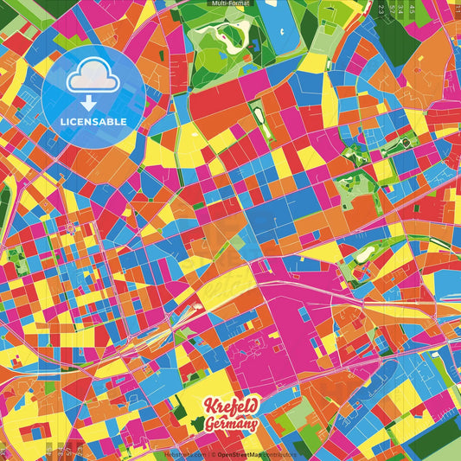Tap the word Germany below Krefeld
(231, 424)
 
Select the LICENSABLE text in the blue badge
(93, 120)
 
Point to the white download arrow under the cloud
(92, 101)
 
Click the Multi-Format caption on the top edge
(230, 3)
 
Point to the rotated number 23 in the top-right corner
(381, 9)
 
